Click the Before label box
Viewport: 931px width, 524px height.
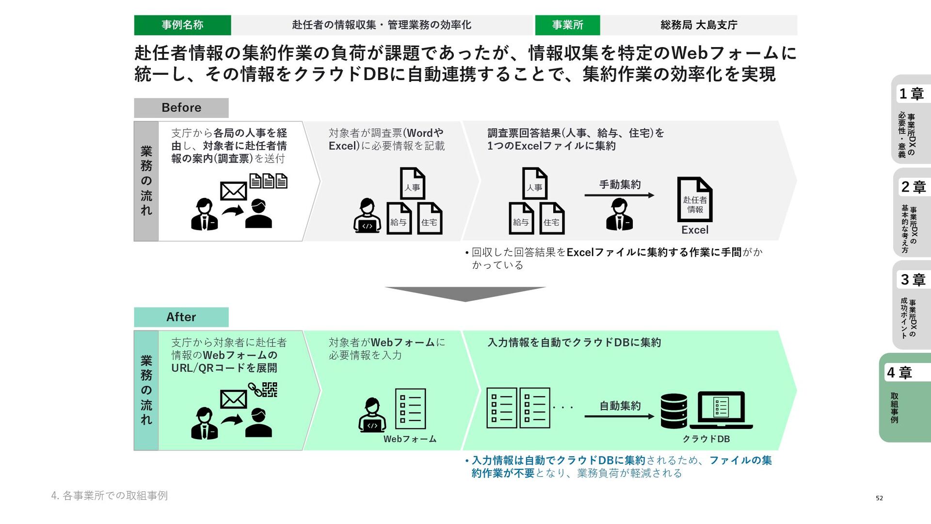pyautogui.click(x=181, y=108)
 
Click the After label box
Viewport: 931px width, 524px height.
pyautogui.click(x=181, y=317)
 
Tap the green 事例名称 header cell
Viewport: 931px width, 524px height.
pyautogui.click(x=182, y=25)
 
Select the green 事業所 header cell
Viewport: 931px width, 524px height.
pyautogui.click(x=567, y=25)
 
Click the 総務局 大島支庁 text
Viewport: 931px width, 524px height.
pyautogui.click(x=698, y=25)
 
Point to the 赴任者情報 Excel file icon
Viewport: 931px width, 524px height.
pyautogui.click(x=694, y=199)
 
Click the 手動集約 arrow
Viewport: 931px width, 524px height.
pyautogui.click(x=619, y=195)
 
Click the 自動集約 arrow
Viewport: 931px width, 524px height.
pyautogui.click(x=619, y=416)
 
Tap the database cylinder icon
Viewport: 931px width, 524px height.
pyautogui.click(x=674, y=411)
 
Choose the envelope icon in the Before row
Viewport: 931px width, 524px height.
pyautogui.click(x=233, y=191)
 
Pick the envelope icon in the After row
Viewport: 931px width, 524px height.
pyautogui.click(x=233, y=400)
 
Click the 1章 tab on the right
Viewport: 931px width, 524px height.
pyautogui.click(x=911, y=94)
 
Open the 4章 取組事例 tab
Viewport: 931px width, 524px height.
pyautogui.click(x=905, y=397)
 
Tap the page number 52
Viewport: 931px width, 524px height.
pyautogui.click(x=879, y=498)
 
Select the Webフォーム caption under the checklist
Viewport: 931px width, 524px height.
pyautogui.click(x=410, y=439)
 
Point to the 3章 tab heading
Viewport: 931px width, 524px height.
pyautogui.click(x=913, y=280)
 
